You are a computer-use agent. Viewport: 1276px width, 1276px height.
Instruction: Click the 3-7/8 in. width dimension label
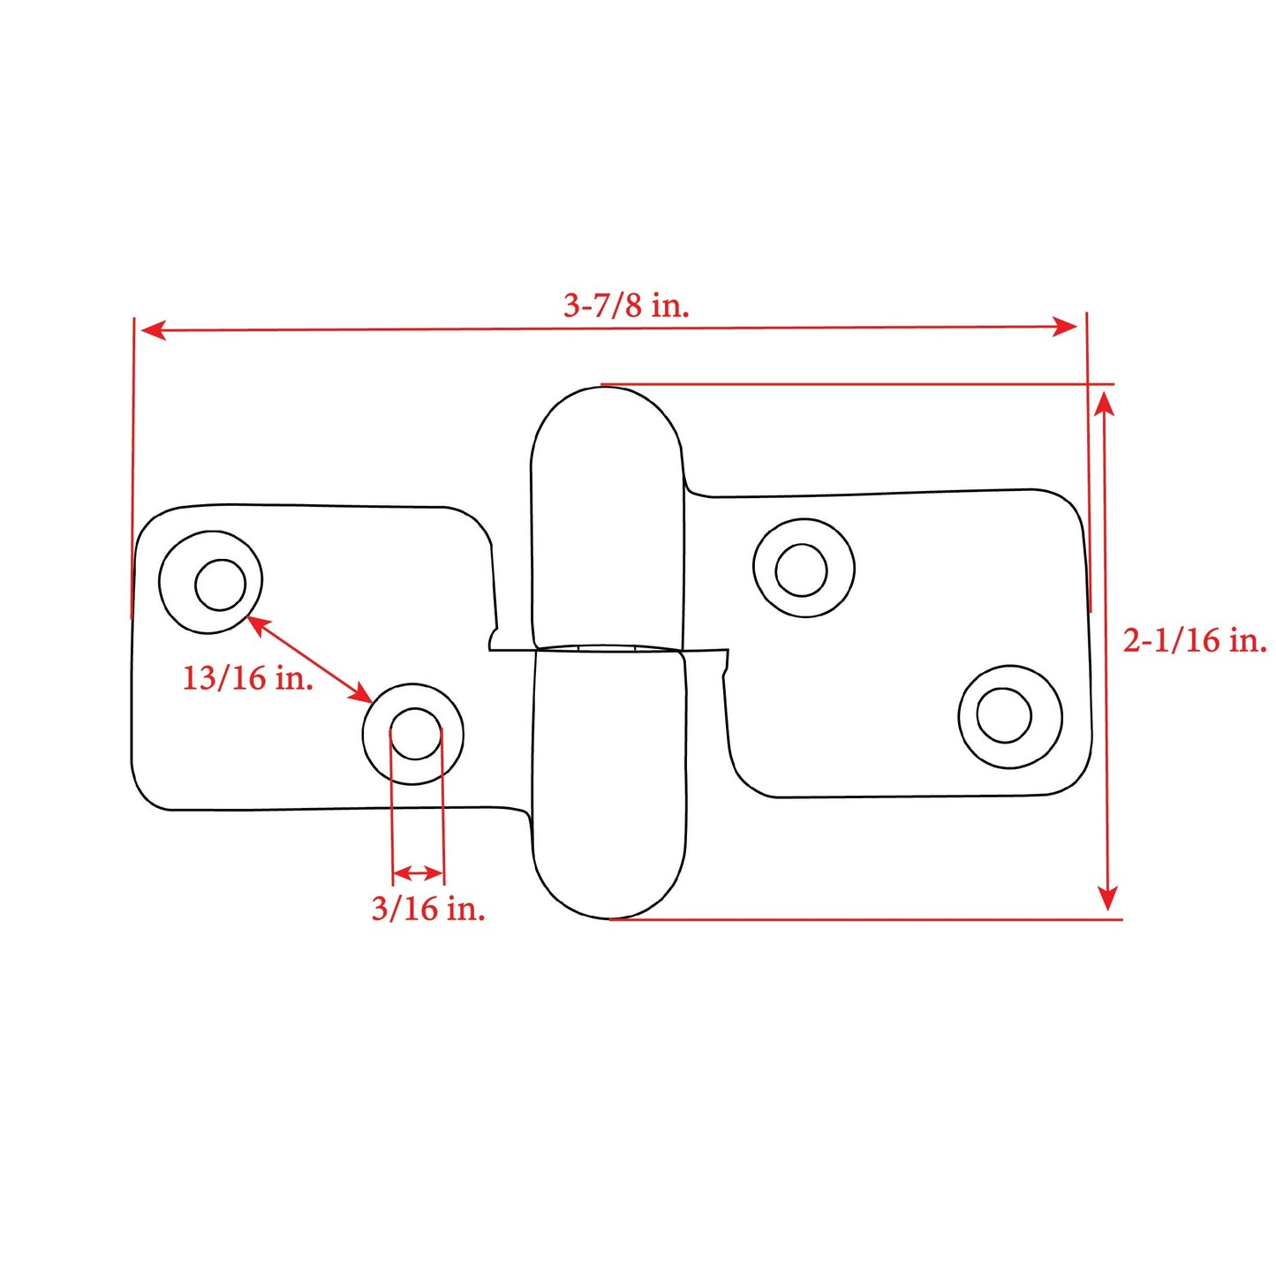point(626,306)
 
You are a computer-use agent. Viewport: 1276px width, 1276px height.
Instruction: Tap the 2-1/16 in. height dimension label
point(1194,639)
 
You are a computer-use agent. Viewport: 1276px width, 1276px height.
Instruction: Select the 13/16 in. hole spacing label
point(248,678)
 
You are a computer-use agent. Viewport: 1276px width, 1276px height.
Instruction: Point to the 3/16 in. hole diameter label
point(428,908)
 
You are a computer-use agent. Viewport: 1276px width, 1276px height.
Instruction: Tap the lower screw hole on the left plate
point(413,734)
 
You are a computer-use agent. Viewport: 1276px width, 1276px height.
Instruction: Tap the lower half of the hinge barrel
point(609,786)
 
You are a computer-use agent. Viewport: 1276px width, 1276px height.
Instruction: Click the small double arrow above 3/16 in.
point(417,873)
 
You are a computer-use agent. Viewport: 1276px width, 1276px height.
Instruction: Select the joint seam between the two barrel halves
point(608,650)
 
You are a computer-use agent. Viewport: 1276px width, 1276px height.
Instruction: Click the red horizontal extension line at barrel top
point(857,384)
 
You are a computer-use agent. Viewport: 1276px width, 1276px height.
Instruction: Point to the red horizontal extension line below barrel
point(865,919)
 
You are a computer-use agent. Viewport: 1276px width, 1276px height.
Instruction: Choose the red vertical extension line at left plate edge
point(132,468)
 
